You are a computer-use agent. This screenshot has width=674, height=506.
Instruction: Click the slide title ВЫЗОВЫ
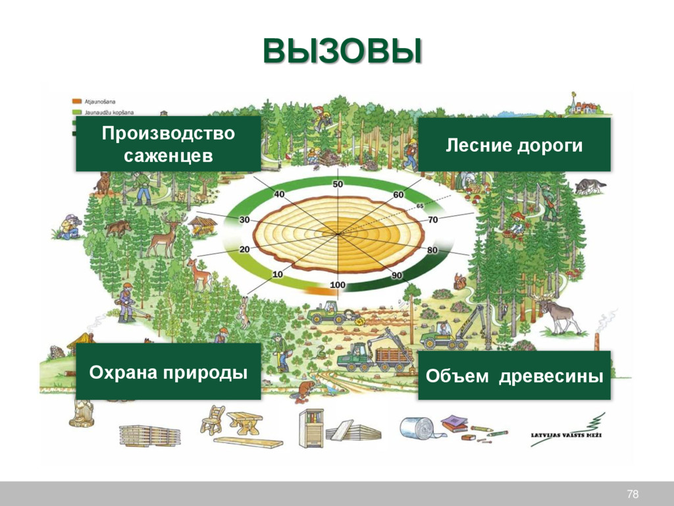point(342,52)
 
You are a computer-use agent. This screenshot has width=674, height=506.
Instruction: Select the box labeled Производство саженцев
point(168,144)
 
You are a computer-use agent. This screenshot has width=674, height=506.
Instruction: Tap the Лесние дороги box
point(514,145)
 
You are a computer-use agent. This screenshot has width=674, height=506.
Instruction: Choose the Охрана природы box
point(168,372)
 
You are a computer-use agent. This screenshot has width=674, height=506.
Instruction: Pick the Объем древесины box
point(514,376)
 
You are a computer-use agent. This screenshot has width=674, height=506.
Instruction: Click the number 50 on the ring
point(337,184)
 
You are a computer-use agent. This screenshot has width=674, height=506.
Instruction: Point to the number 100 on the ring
point(337,285)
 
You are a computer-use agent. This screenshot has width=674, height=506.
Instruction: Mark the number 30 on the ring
point(244,220)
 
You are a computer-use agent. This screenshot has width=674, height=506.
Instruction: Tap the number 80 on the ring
point(432,250)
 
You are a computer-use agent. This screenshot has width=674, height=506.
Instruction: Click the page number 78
point(633,495)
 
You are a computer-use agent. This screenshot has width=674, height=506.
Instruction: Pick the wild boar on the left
point(118,228)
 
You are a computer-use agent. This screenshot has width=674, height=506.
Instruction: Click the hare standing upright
point(244,312)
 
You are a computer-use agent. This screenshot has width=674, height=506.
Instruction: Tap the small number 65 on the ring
point(420,206)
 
